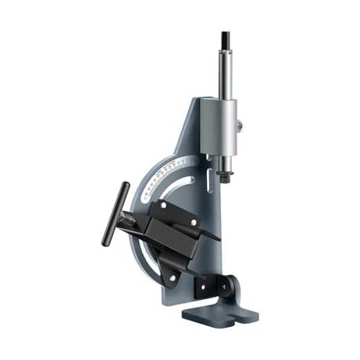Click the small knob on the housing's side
coord(240,126)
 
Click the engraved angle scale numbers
coord(173,168)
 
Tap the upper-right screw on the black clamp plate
coord(193,222)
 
